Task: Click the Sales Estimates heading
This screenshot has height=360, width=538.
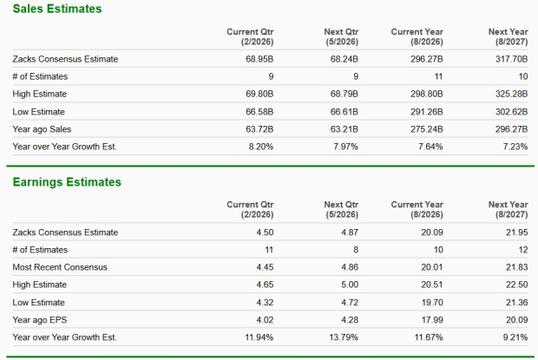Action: coord(57,9)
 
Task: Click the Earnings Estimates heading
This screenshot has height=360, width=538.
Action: coord(67,182)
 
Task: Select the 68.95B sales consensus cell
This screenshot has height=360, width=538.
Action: coord(257,59)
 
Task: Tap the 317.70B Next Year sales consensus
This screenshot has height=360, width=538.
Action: coord(510,59)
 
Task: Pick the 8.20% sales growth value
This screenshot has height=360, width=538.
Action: coord(260,147)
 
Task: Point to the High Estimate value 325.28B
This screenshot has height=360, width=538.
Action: coord(510,94)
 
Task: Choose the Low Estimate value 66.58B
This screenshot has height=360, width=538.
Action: coord(257,111)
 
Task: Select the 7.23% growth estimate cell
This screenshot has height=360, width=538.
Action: coord(515,147)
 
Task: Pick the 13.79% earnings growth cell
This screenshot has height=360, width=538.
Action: coord(341,337)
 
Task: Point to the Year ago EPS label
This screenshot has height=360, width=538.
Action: coord(41,319)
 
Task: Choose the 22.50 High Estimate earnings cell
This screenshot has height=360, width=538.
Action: coord(516,285)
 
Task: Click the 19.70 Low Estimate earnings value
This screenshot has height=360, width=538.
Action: coord(431,302)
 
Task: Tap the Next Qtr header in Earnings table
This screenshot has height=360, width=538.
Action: coord(340,209)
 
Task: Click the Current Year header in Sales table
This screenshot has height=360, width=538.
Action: coord(417,36)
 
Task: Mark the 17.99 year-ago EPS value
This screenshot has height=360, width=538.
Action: coord(431,319)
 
